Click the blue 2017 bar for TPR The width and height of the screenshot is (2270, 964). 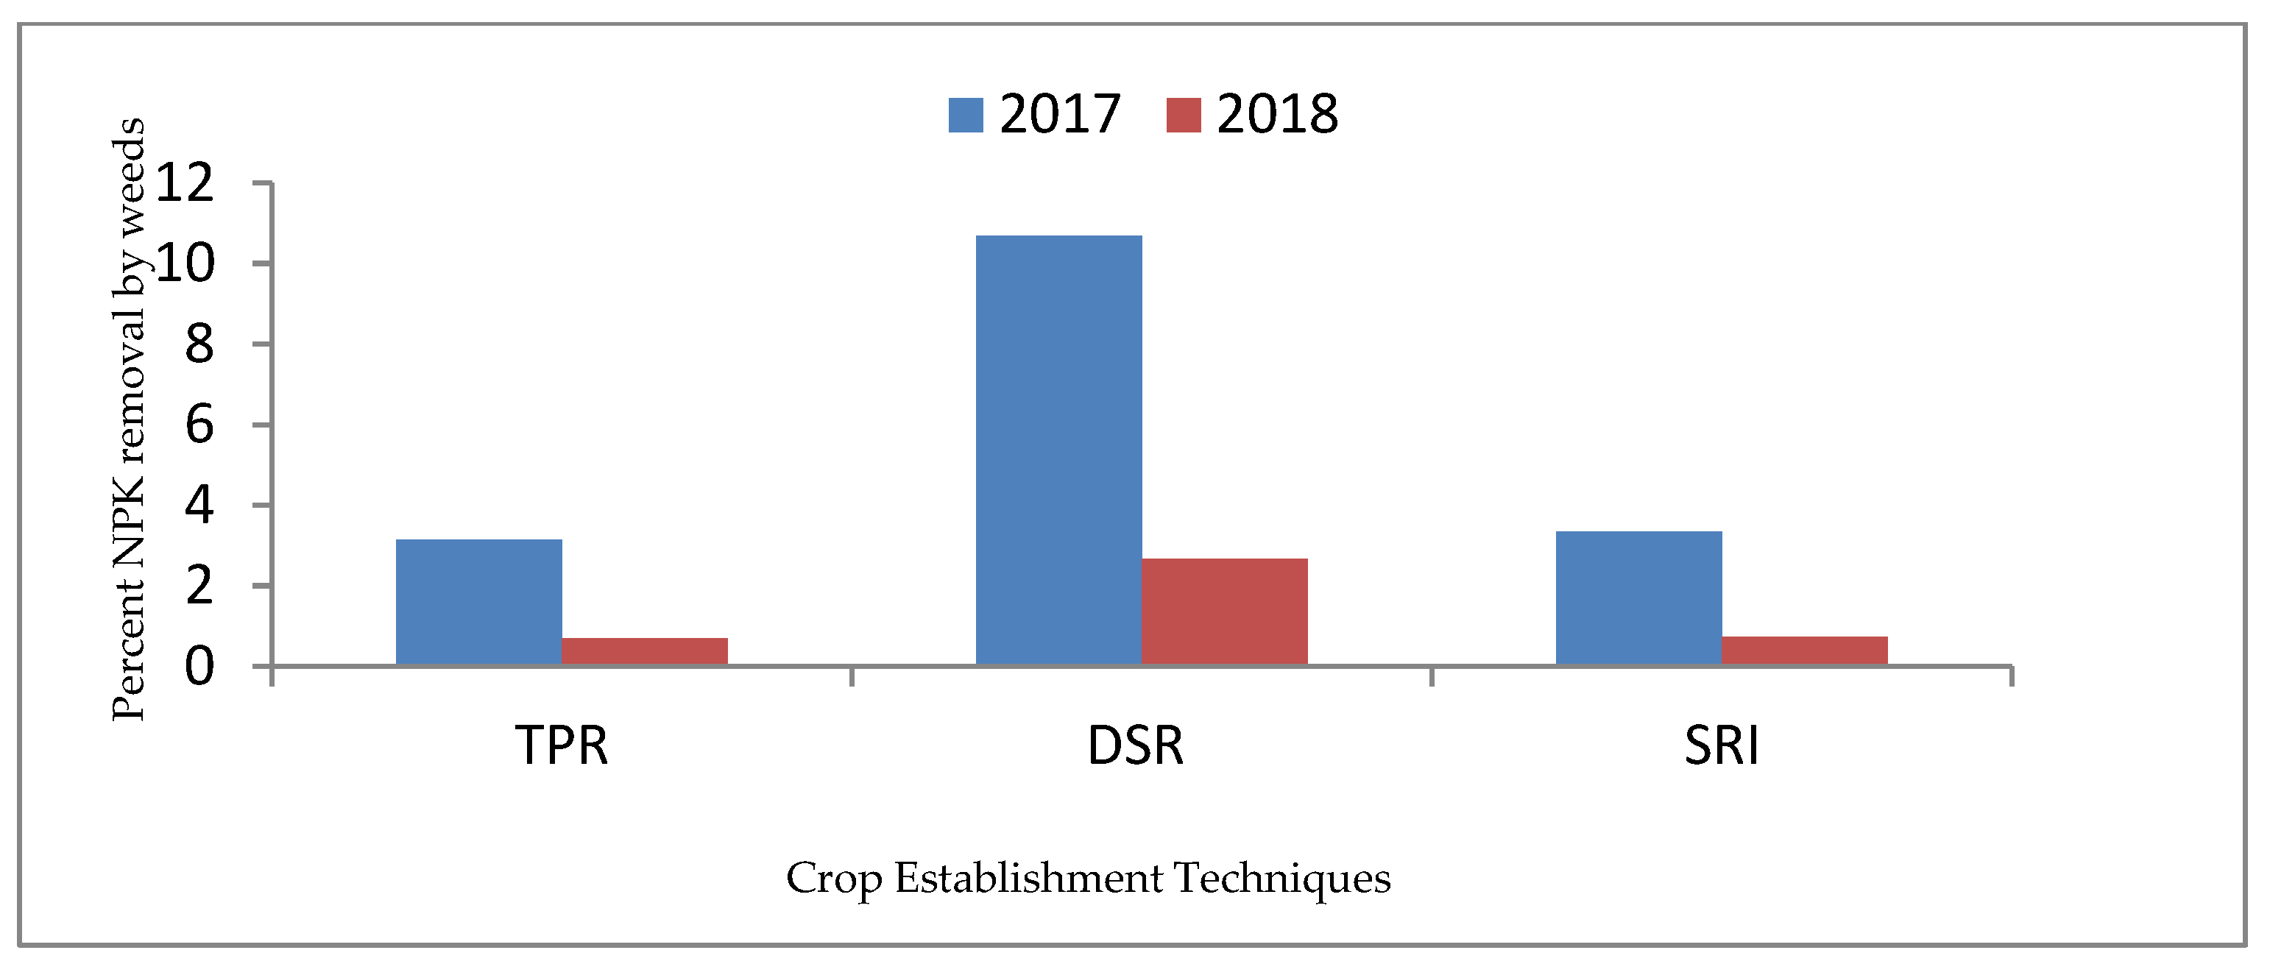478,602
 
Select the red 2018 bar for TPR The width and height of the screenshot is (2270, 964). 644,651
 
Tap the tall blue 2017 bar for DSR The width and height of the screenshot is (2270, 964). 1058,450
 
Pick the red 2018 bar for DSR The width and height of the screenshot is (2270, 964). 1224,611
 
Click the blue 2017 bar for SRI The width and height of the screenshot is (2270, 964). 1638,598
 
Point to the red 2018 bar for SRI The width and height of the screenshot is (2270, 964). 1804,650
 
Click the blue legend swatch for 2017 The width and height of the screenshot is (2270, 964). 965,116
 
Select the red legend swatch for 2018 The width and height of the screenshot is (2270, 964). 1183,116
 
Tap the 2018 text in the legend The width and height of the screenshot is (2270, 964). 1277,115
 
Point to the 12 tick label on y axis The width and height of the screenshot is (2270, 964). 184,183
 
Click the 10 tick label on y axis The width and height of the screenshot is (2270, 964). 184,263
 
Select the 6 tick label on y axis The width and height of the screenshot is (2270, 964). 199,425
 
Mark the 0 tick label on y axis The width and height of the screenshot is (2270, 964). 199,667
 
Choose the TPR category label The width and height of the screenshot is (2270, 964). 562,745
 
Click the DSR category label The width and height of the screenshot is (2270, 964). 1135,745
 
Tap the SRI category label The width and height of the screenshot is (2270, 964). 1721,745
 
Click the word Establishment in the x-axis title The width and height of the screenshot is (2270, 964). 1028,879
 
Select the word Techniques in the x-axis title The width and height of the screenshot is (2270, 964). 1282,879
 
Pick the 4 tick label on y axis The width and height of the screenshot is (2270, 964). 199,506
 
